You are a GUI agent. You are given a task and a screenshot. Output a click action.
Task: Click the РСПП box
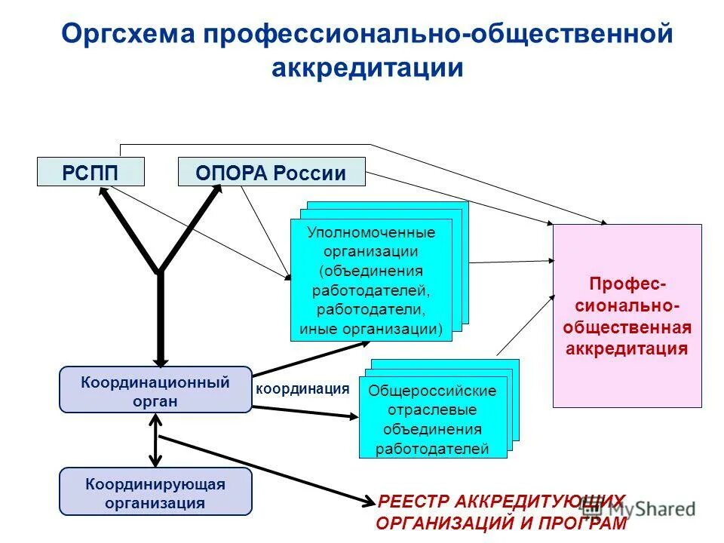[90, 172]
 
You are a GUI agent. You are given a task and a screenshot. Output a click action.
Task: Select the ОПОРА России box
[271, 172]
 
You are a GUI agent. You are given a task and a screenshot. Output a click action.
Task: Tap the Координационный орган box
[155, 390]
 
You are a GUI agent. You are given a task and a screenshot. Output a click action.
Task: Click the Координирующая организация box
[155, 492]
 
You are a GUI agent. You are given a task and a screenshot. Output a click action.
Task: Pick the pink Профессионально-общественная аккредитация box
[627, 316]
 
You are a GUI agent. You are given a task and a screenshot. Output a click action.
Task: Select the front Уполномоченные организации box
[371, 280]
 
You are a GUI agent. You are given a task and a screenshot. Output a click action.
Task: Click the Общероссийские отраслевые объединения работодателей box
[432, 420]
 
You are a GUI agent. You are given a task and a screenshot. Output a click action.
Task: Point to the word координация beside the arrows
[302, 388]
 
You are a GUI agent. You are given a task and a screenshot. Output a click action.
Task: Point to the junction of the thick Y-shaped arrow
[160, 271]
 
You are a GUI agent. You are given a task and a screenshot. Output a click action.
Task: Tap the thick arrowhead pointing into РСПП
[104, 193]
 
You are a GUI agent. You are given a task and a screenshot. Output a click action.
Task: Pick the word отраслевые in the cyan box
[432, 410]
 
